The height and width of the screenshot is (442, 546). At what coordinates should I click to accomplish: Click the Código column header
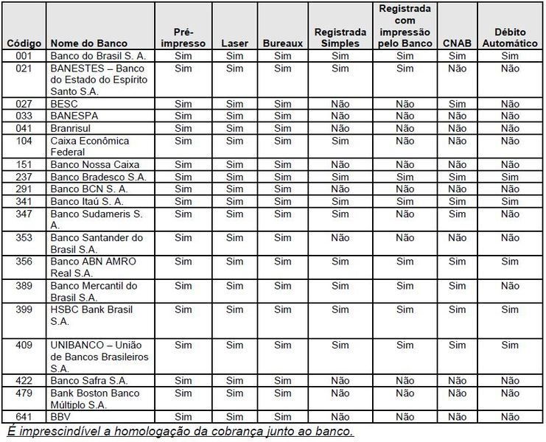(24, 43)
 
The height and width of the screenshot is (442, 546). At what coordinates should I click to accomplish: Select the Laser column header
(234, 43)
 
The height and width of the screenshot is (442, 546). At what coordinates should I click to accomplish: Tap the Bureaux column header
(283, 43)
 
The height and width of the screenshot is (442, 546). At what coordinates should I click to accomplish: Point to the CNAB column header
(457, 43)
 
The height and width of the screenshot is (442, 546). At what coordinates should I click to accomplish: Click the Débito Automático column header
(510, 38)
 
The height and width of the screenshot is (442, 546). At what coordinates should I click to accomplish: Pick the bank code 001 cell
(24, 56)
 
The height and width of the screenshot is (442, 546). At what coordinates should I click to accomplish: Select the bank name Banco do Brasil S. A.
(98, 56)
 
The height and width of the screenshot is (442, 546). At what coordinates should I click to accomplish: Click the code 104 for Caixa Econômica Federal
(24, 141)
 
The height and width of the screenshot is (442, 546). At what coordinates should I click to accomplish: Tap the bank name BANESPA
(74, 116)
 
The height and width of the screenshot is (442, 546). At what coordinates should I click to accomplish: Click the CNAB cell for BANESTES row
(457, 69)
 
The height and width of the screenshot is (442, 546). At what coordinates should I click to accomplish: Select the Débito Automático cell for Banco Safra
(510, 381)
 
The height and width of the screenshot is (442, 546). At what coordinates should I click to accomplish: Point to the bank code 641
(24, 417)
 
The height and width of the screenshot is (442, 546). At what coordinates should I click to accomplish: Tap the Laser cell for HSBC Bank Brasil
(234, 310)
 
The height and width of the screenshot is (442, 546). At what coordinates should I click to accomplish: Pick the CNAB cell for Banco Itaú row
(457, 201)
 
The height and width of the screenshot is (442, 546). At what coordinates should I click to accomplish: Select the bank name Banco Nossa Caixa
(94, 165)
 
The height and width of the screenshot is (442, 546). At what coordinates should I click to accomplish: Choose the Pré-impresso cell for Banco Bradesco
(183, 177)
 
